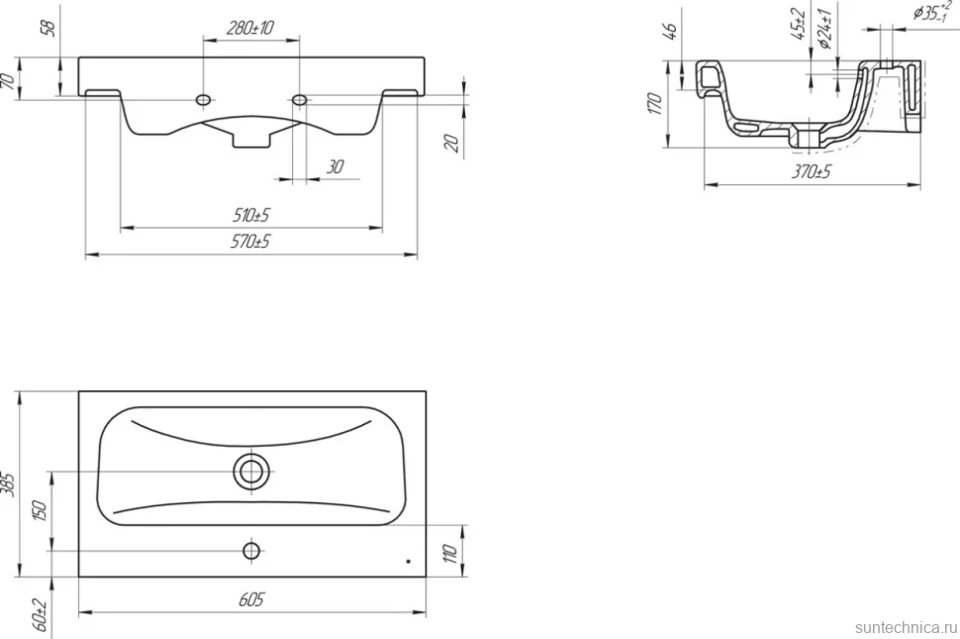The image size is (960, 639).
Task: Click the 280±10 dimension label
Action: click(x=250, y=28)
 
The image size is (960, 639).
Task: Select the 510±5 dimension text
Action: click(x=251, y=215)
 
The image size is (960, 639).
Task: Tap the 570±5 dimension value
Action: click(x=249, y=242)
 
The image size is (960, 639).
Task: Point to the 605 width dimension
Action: click(x=251, y=599)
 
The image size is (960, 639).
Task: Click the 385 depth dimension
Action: click(x=9, y=483)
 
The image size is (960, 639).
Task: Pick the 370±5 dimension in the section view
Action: click(x=812, y=171)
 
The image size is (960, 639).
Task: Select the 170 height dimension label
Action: click(x=655, y=104)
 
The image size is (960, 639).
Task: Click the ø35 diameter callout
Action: click(x=932, y=11)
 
